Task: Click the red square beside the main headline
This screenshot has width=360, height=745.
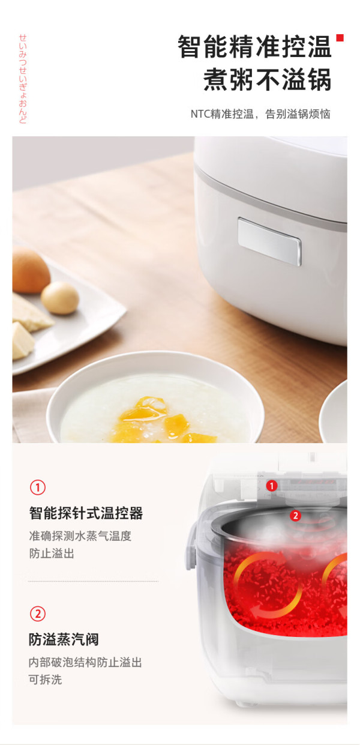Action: [x=340, y=38]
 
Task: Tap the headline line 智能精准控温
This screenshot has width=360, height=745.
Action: [x=254, y=47]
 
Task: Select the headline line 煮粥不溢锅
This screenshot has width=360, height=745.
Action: [x=267, y=79]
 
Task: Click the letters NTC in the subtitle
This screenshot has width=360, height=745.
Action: [x=200, y=114]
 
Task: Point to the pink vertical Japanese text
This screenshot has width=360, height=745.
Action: [x=23, y=79]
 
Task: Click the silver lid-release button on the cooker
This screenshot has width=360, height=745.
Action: [x=269, y=241]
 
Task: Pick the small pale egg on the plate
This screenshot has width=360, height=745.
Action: [x=60, y=298]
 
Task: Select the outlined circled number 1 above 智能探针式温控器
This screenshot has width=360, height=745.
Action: [x=38, y=487]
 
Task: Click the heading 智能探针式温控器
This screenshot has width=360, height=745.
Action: [x=86, y=513]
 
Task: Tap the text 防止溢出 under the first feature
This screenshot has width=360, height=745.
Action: [x=52, y=553]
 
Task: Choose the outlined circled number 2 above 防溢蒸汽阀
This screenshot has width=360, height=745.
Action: [x=38, y=614]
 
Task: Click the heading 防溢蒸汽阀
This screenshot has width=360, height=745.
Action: [x=64, y=639]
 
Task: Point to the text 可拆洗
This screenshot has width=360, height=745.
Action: [x=45, y=680]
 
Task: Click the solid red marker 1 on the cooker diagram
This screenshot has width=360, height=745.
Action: [x=272, y=486]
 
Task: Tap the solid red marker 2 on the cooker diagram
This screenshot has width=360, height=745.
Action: [x=295, y=516]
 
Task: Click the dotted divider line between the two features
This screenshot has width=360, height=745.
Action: [x=93, y=581]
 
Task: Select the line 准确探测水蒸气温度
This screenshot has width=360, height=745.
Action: [x=80, y=536]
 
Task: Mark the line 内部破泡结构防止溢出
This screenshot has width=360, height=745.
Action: [x=85, y=662]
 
